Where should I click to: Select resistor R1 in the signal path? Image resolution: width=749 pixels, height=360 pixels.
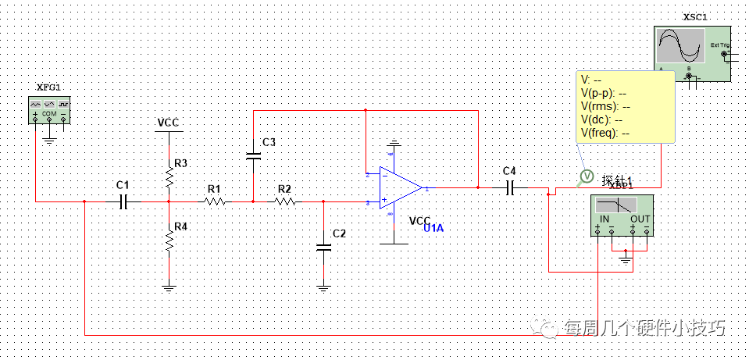coord(215,201)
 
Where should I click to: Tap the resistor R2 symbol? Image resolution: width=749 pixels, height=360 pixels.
coord(285,201)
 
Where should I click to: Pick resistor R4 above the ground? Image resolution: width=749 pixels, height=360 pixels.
coord(169,239)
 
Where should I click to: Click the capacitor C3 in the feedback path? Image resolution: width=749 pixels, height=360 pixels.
coord(253,155)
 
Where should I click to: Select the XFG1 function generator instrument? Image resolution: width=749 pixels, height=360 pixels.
coord(48,109)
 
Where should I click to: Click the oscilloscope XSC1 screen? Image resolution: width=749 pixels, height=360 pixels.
coord(680,47)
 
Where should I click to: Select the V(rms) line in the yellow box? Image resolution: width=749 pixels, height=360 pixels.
coord(605,106)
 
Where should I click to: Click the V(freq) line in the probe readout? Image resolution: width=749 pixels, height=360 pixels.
coord(605,133)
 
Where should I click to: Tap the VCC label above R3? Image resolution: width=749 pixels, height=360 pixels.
coord(169,123)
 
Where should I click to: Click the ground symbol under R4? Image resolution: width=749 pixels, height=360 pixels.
coord(169,287)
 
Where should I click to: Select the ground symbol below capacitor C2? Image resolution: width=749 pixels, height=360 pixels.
coord(323,287)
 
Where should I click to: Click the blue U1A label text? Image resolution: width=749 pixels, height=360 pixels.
coord(434,228)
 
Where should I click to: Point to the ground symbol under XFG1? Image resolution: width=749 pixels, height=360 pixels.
coord(48,140)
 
